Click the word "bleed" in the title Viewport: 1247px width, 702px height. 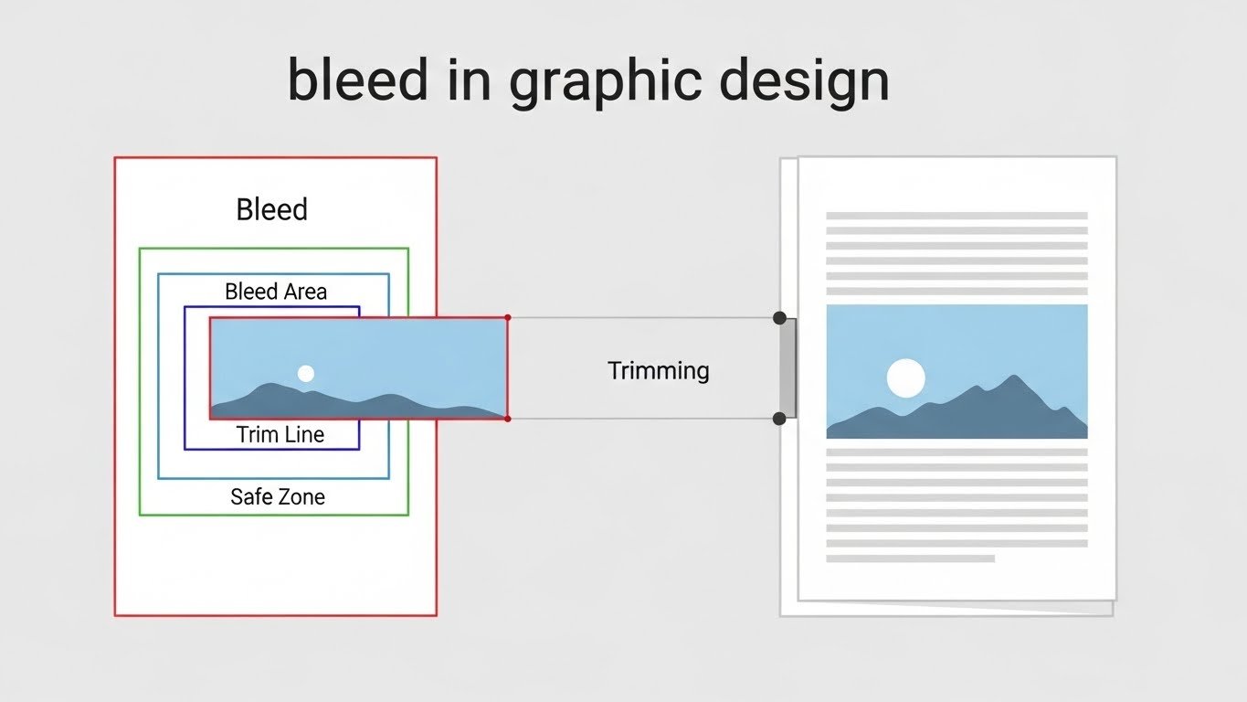pos(357,80)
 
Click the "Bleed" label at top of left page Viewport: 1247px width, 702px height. pos(271,209)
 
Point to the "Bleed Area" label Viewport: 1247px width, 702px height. pos(276,292)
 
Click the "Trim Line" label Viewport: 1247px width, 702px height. pos(280,434)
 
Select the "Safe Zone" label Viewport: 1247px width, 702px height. pos(278,497)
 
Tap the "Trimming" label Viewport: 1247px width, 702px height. pos(658,370)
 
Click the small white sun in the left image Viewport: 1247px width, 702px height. pos(306,373)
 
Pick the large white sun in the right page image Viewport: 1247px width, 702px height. pos(905,378)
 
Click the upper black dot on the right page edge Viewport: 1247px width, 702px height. pos(779,318)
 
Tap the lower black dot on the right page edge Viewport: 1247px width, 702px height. pos(779,419)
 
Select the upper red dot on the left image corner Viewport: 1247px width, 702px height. pos(508,317)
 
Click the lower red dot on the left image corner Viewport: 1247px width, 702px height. pos(508,419)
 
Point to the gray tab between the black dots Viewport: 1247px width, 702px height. pos(788,368)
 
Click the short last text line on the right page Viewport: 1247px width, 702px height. pos(910,558)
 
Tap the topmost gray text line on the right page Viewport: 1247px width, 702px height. pos(956,216)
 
